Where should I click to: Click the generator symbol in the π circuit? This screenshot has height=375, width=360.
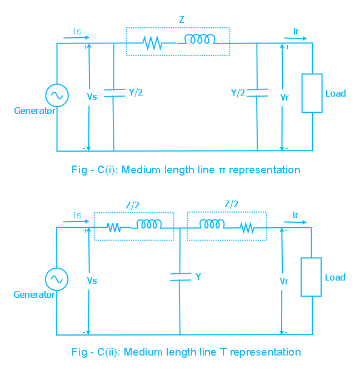click(57, 96)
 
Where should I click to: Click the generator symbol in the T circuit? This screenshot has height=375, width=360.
click(57, 279)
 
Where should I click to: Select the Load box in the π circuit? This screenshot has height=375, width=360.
click(312, 93)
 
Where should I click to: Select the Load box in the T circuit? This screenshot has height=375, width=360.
click(312, 277)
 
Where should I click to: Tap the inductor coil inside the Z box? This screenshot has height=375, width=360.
click(200, 39)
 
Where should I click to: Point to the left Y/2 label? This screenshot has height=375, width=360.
click(136, 93)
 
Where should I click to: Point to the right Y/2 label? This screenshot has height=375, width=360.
click(238, 93)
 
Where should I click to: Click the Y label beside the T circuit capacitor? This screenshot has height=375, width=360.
click(198, 276)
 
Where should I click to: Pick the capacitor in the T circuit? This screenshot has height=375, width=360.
click(179, 276)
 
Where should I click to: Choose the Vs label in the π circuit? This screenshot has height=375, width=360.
click(92, 97)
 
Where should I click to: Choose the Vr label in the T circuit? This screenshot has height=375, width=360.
click(284, 281)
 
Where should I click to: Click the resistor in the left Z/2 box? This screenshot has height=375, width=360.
click(114, 227)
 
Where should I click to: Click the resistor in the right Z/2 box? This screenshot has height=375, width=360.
click(246, 227)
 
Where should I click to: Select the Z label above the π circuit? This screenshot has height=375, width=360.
click(181, 19)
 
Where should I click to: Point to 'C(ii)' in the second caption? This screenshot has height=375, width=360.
click(109, 352)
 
